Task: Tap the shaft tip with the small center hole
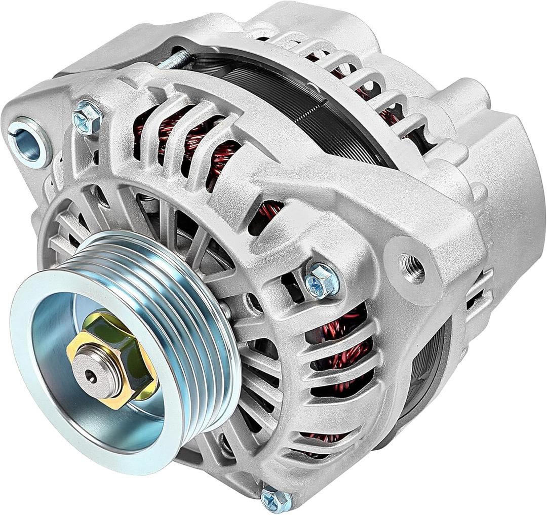click(91, 374)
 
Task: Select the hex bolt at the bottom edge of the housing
click(276, 500)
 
